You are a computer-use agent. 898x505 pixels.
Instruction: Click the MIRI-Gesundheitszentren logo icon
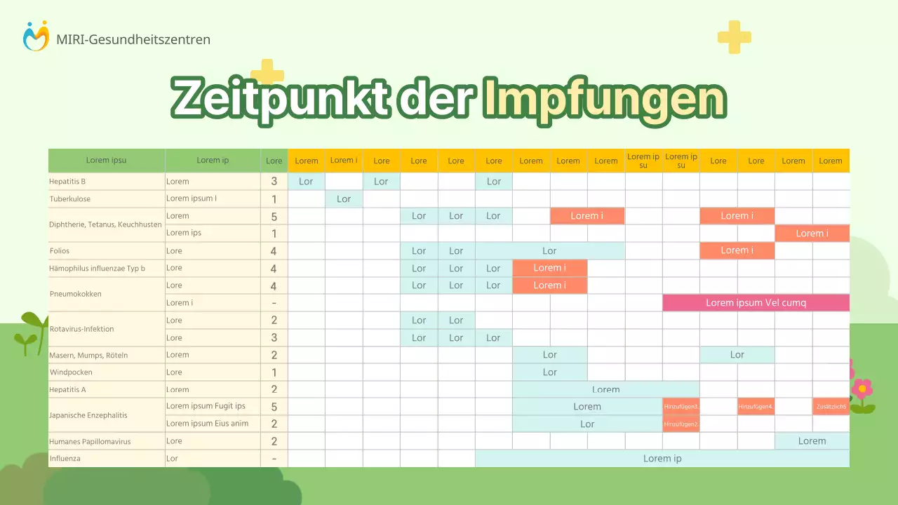click(x=36, y=36)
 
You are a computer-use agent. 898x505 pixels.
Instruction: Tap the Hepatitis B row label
click(x=67, y=182)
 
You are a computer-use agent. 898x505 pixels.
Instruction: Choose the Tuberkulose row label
click(x=70, y=198)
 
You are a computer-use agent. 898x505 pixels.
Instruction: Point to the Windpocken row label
click(x=71, y=372)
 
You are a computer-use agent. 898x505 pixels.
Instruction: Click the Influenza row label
click(x=65, y=459)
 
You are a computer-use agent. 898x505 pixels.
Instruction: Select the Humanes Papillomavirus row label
click(x=90, y=442)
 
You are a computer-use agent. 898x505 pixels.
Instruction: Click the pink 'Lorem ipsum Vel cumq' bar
click(x=756, y=303)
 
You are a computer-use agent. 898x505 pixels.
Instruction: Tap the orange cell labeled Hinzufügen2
click(x=681, y=424)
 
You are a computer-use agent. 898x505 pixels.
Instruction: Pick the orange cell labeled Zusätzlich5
click(x=831, y=407)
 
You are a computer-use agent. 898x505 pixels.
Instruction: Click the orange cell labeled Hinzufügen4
click(x=756, y=407)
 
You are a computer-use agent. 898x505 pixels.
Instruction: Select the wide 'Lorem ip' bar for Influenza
click(x=662, y=459)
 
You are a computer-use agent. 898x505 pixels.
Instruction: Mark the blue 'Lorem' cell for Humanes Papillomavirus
click(x=812, y=441)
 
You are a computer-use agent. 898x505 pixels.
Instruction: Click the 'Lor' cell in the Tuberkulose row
click(x=344, y=199)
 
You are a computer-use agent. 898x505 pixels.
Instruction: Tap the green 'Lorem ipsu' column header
click(x=107, y=161)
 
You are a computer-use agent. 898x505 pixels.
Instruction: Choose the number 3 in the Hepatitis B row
click(x=274, y=182)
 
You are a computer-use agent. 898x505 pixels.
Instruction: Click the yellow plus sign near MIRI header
click(x=735, y=37)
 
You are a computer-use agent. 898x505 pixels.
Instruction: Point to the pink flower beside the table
click(x=862, y=388)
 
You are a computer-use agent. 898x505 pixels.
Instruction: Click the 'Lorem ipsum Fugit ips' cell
click(x=206, y=407)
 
